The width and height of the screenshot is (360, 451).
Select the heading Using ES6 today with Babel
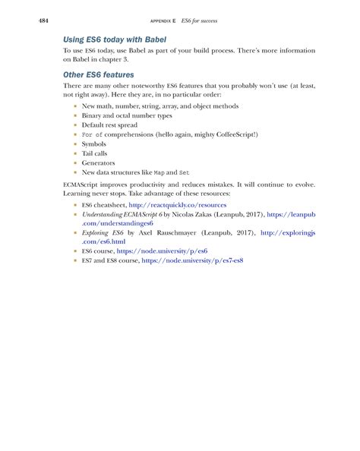[x=115, y=38]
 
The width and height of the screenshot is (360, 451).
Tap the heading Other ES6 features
[x=98, y=75]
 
